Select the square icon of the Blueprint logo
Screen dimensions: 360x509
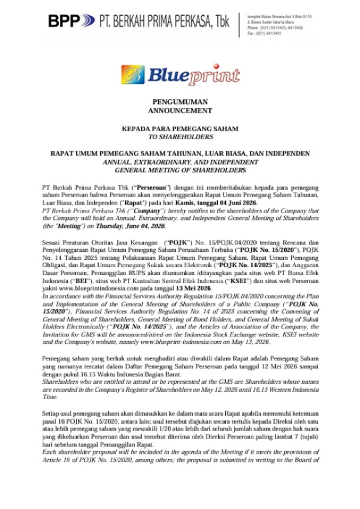coord(133,76)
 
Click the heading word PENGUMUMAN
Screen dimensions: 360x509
coord(180,102)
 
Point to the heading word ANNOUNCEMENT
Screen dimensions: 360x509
coord(180,111)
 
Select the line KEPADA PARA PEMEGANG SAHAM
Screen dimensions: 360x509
coord(180,128)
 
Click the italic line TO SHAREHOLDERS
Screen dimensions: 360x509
coord(180,136)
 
